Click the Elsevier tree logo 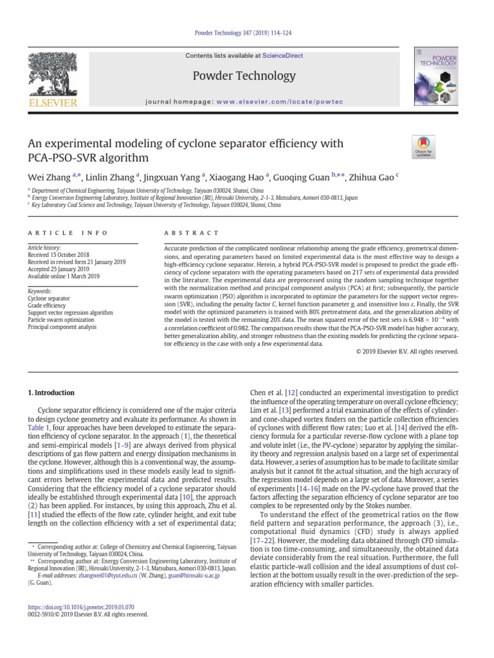[x=52, y=78]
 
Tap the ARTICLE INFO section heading [x=68, y=233]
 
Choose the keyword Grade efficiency [x=48, y=305]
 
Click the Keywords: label [x=39, y=291]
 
